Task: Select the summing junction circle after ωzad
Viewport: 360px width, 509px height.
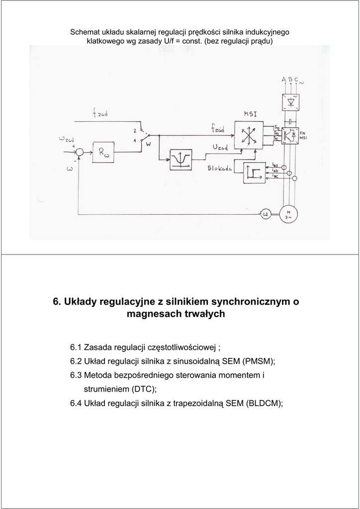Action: [x=79, y=151]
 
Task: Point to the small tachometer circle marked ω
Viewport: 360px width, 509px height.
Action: [x=265, y=214]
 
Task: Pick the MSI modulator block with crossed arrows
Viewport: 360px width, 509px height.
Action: [x=247, y=135]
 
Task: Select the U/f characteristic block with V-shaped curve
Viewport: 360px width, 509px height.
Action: [x=180, y=159]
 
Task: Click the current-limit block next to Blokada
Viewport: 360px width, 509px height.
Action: [x=254, y=172]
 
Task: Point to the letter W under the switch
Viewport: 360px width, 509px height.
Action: [x=148, y=147]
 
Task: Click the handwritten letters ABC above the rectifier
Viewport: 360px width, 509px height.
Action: [x=290, y=80]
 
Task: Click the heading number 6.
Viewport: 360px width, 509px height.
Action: [x=56, y=302]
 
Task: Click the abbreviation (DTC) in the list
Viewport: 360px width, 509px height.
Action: [x=144, y=389]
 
